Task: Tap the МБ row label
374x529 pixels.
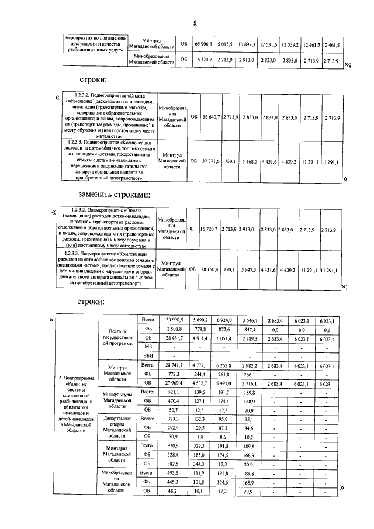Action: pos(148,347)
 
